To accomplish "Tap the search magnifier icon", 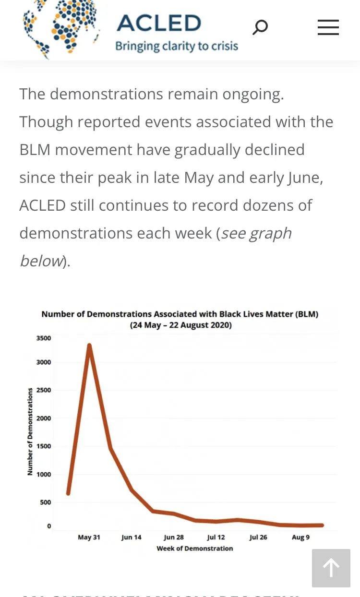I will click(260, 27).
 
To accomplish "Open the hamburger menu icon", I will click(328, 27).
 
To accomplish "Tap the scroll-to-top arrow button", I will click(331, 568).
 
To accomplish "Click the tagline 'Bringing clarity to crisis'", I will click(177, 47).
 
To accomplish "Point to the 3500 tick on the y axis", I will click(44, 338).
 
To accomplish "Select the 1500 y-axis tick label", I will click(44, 446).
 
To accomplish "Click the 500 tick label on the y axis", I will click(45, 502).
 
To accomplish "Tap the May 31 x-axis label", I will click(89, 537).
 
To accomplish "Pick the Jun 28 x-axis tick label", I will click(173, 537).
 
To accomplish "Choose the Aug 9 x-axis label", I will click(300, 537).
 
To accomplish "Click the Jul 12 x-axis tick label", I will click(216, 537).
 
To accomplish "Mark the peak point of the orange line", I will click(89, 346).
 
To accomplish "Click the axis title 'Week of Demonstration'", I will click(194, 549).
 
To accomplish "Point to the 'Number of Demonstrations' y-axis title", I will click(30, 431).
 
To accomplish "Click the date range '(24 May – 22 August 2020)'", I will click(180, 325).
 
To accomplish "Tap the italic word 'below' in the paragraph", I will click(41, 261).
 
